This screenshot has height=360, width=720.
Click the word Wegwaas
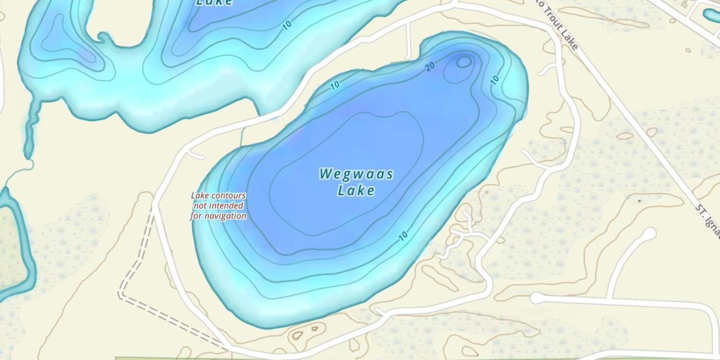pos(356,174)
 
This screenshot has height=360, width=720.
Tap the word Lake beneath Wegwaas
pos(356,191)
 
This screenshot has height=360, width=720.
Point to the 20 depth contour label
pos(430,67)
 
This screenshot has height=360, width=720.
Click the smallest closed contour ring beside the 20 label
pos(464,61)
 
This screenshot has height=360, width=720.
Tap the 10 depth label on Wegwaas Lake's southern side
pos(403,236)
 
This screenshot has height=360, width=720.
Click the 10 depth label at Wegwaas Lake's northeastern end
pos(495,79)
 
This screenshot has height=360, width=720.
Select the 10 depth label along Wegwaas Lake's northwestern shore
pos(335,85)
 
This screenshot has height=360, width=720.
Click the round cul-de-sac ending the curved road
pos(648,234)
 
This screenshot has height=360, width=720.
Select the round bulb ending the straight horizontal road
pos(537,299)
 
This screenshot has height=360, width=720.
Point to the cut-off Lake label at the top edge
pos(214,2)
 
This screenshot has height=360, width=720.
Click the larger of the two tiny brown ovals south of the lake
pos(298,335)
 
